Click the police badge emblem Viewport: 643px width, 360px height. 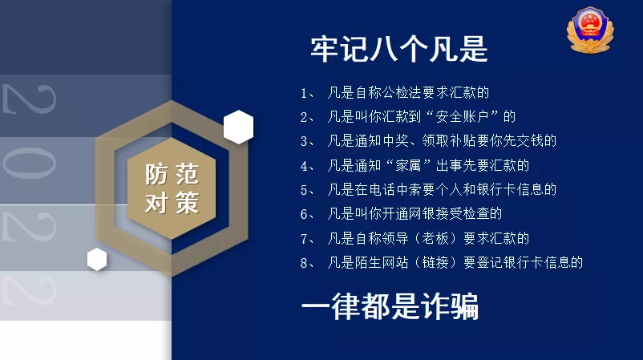point(590,30)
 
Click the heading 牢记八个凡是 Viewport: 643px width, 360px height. point(399,49)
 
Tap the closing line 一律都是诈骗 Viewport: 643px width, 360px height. point(390,305)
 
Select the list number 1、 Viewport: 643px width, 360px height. point(307,93)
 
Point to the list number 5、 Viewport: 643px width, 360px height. point(307,190)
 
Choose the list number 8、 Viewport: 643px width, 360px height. point(307,263)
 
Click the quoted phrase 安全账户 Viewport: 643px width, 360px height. point(462,117)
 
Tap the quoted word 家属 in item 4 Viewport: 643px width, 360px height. point(408,165)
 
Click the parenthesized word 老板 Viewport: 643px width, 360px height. point(435,238)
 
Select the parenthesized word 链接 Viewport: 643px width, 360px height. point(435,262)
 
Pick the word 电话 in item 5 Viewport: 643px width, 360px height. point(382,189)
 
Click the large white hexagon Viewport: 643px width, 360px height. point(238,127)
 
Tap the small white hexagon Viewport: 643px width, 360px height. point(97,259)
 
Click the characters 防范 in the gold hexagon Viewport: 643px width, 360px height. point(172,174)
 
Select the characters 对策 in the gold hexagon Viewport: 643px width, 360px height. point(172,202)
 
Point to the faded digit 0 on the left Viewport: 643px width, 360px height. point(29,164)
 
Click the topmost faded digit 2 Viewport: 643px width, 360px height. point(29,99)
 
